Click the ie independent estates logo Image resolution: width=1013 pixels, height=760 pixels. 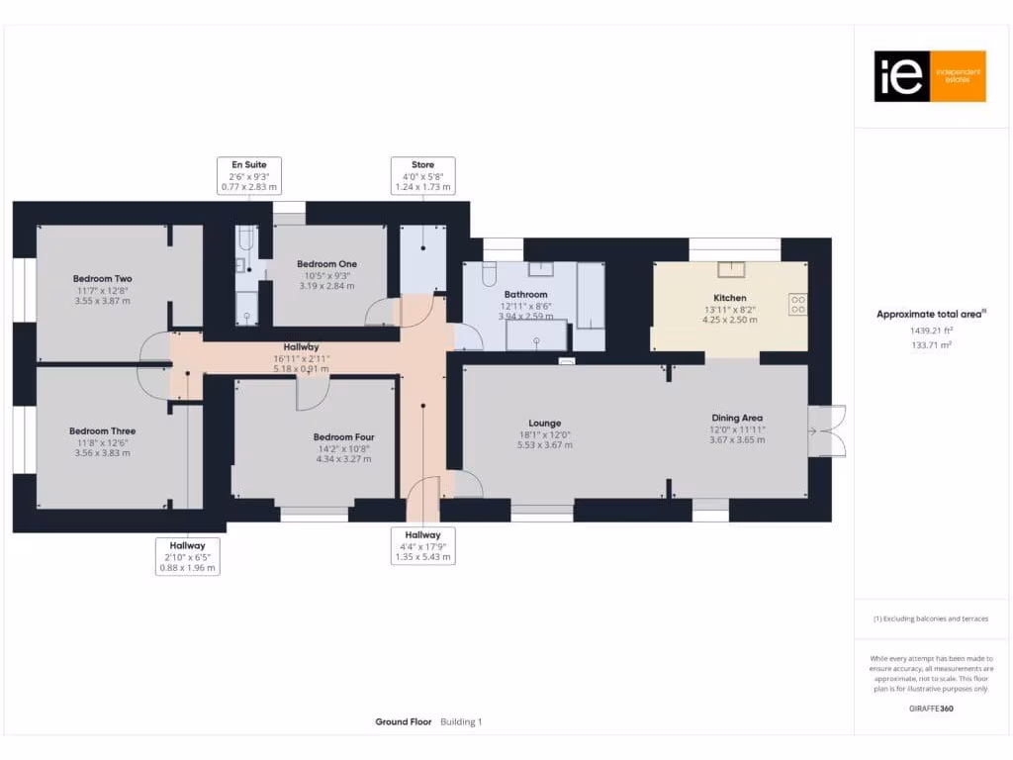pyautogui.click(x=930, y=76)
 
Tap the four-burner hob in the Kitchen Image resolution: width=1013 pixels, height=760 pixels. pyautogui.click(x=797, y=305)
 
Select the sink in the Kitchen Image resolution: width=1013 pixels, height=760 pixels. pyautogui.click(x=733, y=270)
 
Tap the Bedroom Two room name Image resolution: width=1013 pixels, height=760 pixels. pyautogui.click(x=102, y=279)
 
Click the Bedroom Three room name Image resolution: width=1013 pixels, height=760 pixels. pyautogui.click(x=102, y=431)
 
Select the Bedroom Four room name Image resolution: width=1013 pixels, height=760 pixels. pyautogui.click(x=343, y=436)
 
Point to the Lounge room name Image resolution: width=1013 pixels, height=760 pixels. pyautogui.click(x=545, y=422)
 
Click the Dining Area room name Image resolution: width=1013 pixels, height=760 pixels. pyautogui.click(x=737, y=418)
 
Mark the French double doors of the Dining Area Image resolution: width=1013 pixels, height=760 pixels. pyautogui.click(x=826, y=430)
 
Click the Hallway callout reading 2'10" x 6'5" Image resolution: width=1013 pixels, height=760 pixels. pyautogui.click(x=187, y=557)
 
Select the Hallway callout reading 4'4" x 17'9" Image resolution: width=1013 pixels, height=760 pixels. pyautogui.click(x=423, y=545)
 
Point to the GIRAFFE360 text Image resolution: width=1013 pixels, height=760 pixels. pyautogui.click(x=931, y=709)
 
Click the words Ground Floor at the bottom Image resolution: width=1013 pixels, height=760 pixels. pyautogui.click(x=404, y=722)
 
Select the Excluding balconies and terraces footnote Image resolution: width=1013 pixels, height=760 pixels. pyautogui.click(x=930, y=618)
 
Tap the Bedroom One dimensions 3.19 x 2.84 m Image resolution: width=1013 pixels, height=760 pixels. pyautogui.click(x=326, y=286)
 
